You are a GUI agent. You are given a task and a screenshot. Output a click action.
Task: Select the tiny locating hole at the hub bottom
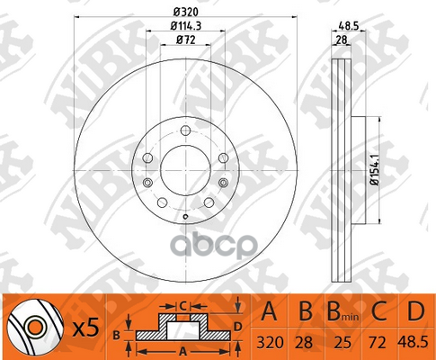tap(183, 216)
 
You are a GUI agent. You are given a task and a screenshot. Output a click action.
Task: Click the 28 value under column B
tap(304, 342)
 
